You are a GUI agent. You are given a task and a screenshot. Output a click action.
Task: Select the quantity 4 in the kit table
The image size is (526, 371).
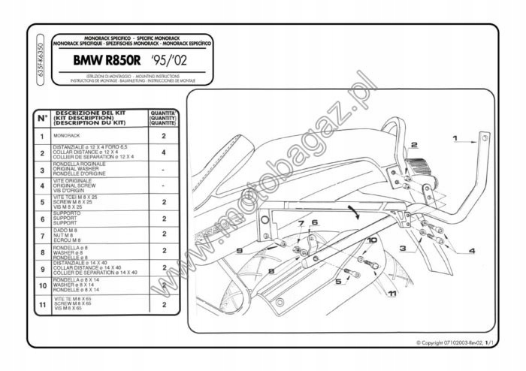pos(163,152)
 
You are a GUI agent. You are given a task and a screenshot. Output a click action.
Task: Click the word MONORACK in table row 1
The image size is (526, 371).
pos(67,136)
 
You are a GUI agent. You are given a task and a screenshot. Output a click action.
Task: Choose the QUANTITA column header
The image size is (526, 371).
pos(163,118)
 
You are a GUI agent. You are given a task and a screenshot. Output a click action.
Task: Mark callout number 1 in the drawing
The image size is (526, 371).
pos(455,139)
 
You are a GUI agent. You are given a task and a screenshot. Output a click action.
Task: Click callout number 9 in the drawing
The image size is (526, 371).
pos(237,250)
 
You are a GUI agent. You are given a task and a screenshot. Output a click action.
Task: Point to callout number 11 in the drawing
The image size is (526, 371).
pos(392,293)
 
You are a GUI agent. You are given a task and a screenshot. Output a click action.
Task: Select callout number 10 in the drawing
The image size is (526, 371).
pos(373,240)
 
